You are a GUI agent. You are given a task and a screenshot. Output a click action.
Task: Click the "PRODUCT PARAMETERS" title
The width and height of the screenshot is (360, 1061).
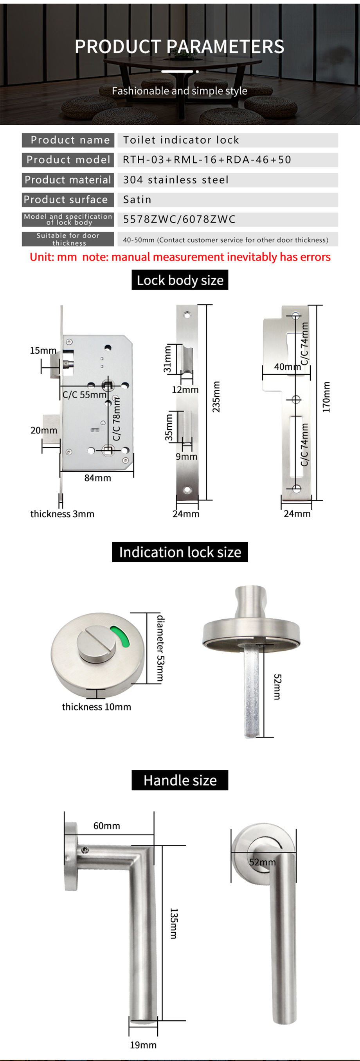(x=180, y=47)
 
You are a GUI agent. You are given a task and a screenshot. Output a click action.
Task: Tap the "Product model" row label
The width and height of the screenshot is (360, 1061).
(x=68, y=160)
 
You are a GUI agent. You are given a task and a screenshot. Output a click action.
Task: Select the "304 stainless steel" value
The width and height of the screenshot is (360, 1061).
(x=176, y=180)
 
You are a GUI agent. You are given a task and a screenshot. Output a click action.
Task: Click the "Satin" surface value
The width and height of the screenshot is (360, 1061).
(x=137, y=200)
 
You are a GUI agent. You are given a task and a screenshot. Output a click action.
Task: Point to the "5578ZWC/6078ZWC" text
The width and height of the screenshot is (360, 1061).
(x=179, y=219)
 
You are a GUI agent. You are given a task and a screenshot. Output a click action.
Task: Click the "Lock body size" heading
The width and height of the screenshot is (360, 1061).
(x=180, y=281)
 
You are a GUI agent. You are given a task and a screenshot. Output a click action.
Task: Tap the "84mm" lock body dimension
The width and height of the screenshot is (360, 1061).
(x=97, y=478)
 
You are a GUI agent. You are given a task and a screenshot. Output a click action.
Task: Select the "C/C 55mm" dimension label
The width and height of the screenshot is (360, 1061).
(x=84, y=395)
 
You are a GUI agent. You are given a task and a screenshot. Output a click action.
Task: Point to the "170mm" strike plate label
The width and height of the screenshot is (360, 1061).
(x=326, y=397)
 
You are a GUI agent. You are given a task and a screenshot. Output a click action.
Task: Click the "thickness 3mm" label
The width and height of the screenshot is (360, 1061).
(x=62, y=514)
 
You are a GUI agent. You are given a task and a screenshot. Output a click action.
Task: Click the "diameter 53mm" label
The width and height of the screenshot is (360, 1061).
(x=161, y=649)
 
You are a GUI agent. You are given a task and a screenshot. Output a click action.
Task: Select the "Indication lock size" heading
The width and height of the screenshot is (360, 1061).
(x=180, y=552)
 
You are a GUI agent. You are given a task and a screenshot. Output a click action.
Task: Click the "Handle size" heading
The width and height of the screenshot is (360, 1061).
(x=180, y=780)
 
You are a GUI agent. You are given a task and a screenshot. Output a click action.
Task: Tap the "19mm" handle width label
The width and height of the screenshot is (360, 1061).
(x=143, y=1045)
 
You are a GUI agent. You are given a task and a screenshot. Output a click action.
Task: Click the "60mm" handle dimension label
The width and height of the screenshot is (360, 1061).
(x=107, y=826)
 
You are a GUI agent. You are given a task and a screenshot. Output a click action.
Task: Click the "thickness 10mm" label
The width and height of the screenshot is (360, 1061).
(x=96, y=707)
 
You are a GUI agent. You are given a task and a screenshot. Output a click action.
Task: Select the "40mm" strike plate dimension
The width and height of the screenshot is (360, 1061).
(x=287, y=367)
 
